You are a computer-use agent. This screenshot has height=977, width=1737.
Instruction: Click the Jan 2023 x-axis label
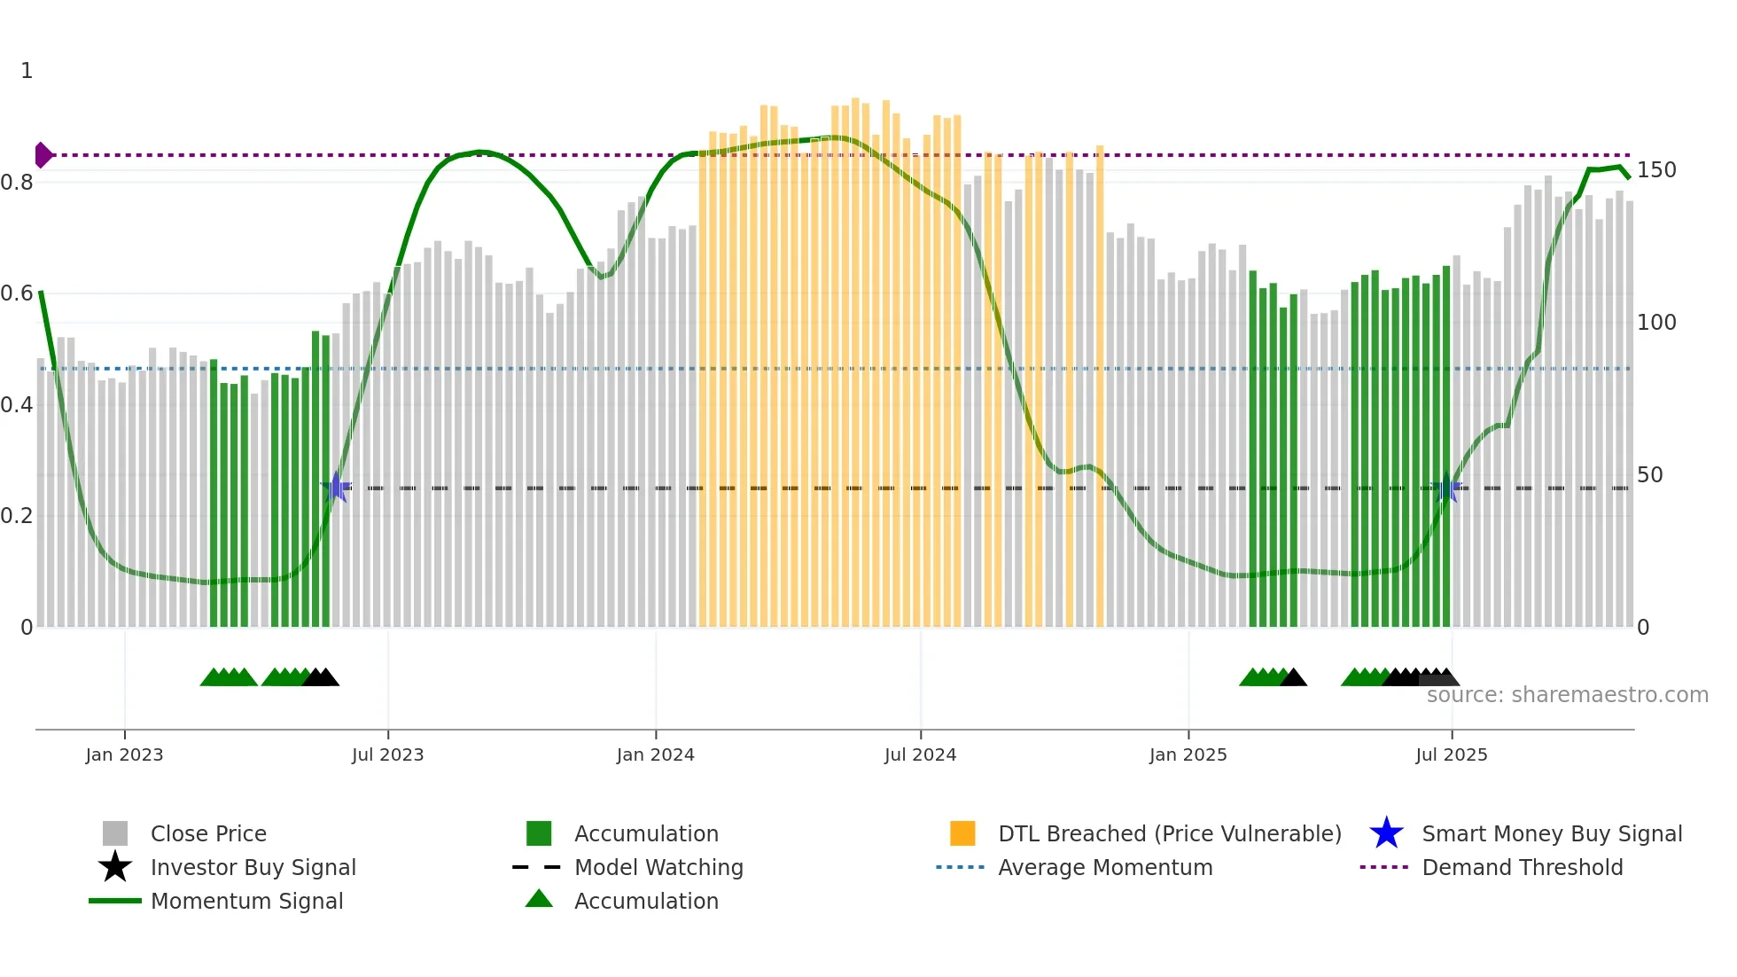click(x=124, y=754)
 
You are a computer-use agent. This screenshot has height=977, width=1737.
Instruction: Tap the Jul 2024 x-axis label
click(x=920, y=754)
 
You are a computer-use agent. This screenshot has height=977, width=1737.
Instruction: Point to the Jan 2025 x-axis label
click(x=1188, y=754)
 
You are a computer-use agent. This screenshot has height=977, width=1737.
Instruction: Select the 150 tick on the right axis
click(x=1655, y=170)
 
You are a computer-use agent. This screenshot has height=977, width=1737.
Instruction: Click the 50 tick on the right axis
click(x=1649, y=475)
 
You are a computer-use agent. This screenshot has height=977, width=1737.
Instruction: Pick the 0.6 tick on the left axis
click(x=17, y=293)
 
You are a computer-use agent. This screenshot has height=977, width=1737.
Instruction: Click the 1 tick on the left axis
click(x=27, y=71)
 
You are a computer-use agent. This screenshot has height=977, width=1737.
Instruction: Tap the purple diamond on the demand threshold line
click(x=43, y=155)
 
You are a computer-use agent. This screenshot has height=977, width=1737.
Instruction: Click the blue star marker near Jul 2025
click(x=1446, y=488)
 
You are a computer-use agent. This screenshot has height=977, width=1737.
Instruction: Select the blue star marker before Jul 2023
click(x=336, y=488)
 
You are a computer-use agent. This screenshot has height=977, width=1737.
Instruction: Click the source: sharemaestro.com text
click(x=1567, y=695)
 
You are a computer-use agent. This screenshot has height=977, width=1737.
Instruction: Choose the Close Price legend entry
click(x=208, y=833)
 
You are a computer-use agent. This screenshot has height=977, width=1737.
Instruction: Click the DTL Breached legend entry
click(x=1169, y=833)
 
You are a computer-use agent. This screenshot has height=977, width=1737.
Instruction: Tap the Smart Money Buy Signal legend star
click(x=1386, y=833)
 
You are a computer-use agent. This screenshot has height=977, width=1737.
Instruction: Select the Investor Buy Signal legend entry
click(x=253, y=867)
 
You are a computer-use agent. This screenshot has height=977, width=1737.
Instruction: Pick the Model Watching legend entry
click(x=658, y=867)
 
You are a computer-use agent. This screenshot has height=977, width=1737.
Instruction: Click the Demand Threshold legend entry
click(x=1522, y=867)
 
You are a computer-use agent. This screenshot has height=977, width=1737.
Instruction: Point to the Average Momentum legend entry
click(x=1104, y=867)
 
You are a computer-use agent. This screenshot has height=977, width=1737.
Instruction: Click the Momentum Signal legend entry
click(x=246, y=901)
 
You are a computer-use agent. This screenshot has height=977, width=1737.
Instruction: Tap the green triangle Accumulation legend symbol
click(x=539, y=900)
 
